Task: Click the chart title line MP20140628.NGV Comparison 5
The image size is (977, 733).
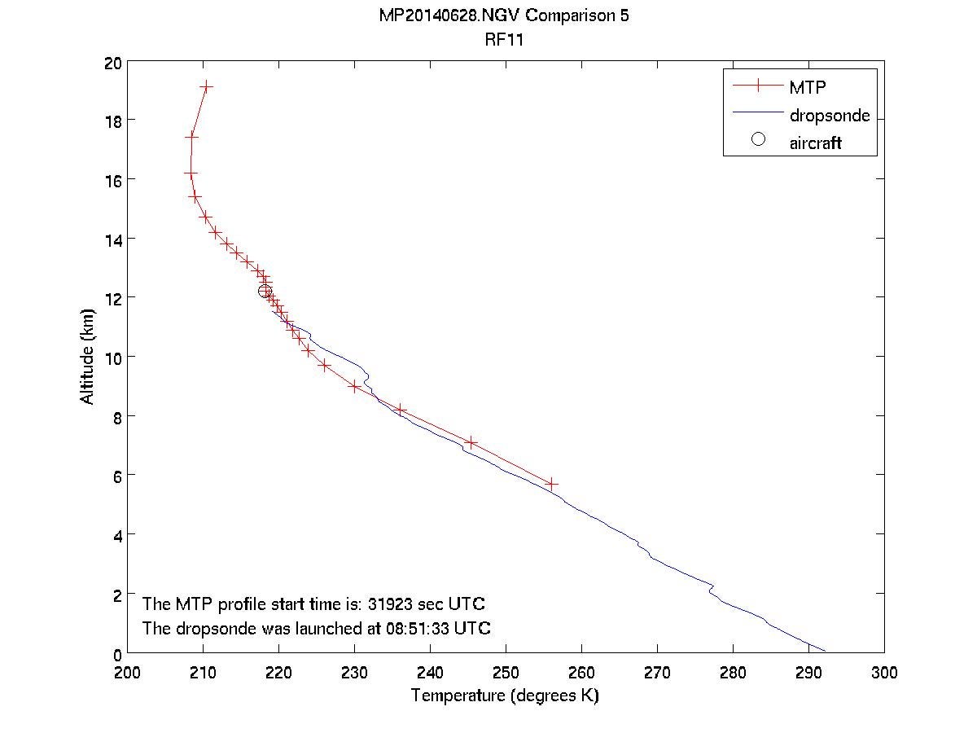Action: coord(505,17)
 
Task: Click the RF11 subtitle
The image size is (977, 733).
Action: coord(505,37)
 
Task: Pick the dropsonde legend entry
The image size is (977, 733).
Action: coord(829,116)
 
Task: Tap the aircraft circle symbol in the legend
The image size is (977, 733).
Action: coord(758,139)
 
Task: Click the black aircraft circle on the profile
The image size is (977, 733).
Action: coord(265,291)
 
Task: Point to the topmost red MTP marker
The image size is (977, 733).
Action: coord(206,86)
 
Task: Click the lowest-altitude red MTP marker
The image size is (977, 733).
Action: coord(552,484)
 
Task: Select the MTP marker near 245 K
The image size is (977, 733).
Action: coord(471,442)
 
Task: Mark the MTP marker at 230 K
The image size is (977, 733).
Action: coord(355,386)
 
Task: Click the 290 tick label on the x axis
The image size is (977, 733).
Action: coord(808,672)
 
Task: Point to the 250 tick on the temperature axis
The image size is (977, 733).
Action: coord(506,672)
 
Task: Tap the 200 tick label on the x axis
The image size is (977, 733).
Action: coord(128,672)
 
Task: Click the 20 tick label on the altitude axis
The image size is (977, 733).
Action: coord(113,63)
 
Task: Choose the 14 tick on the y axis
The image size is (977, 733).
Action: coord(113,239)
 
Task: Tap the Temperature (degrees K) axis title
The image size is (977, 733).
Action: coord(505,696)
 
